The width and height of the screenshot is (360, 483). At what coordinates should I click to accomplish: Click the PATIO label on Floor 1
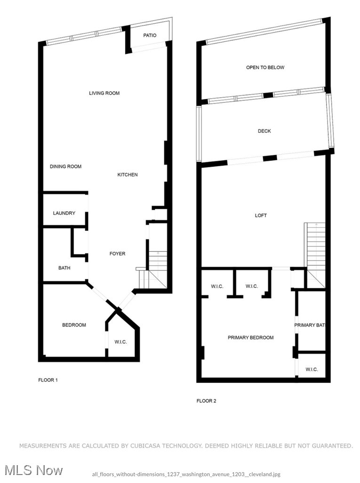[149, 35]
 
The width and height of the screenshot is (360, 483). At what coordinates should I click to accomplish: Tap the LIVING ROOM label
[104, 93]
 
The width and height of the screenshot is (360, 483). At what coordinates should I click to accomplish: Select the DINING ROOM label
[65, 166]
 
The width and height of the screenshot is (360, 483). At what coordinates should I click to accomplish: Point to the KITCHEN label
[128, 175]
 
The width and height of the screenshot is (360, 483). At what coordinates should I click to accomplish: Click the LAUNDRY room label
[64, 213]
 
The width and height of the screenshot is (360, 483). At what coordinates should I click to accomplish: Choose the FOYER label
[117, 254]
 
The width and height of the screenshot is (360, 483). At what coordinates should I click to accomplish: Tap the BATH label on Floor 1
[64, 268]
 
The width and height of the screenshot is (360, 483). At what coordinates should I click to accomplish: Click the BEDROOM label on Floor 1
[74, 325]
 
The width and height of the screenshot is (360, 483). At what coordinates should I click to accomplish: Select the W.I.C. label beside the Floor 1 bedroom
[120, 342]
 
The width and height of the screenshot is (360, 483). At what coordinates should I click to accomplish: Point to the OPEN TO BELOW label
[265, 68]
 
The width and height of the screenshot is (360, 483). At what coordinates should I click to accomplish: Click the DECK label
[264, 131]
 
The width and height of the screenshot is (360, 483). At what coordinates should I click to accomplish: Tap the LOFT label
[261, 215]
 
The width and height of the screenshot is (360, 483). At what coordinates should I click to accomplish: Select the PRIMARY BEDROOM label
[250, 338]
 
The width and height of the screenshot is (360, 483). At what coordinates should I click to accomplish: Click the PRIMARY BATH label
[310, 325]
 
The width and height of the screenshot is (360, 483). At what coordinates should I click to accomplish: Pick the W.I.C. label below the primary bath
[312, 370]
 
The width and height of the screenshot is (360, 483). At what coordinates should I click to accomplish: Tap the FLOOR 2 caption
[206, 401]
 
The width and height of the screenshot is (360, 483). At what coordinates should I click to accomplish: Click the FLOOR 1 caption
[48, 380]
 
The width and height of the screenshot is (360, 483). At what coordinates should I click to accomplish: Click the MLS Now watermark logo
[32, 470]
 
